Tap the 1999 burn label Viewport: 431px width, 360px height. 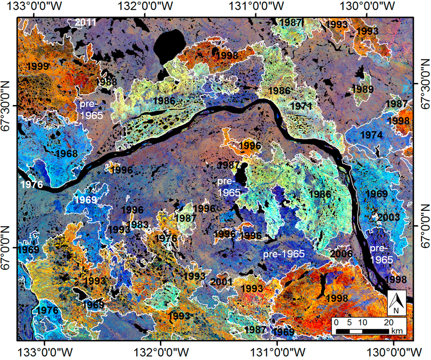point(37,66)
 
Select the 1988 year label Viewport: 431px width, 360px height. point(106,82)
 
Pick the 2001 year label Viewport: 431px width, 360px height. point(221,281)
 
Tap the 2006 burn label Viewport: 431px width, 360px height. point(341,254)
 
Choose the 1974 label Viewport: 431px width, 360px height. point(372,135)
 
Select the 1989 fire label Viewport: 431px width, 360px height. point(362,89)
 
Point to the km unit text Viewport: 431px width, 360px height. point(396,331)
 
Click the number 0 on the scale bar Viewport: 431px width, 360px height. point(335,323)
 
